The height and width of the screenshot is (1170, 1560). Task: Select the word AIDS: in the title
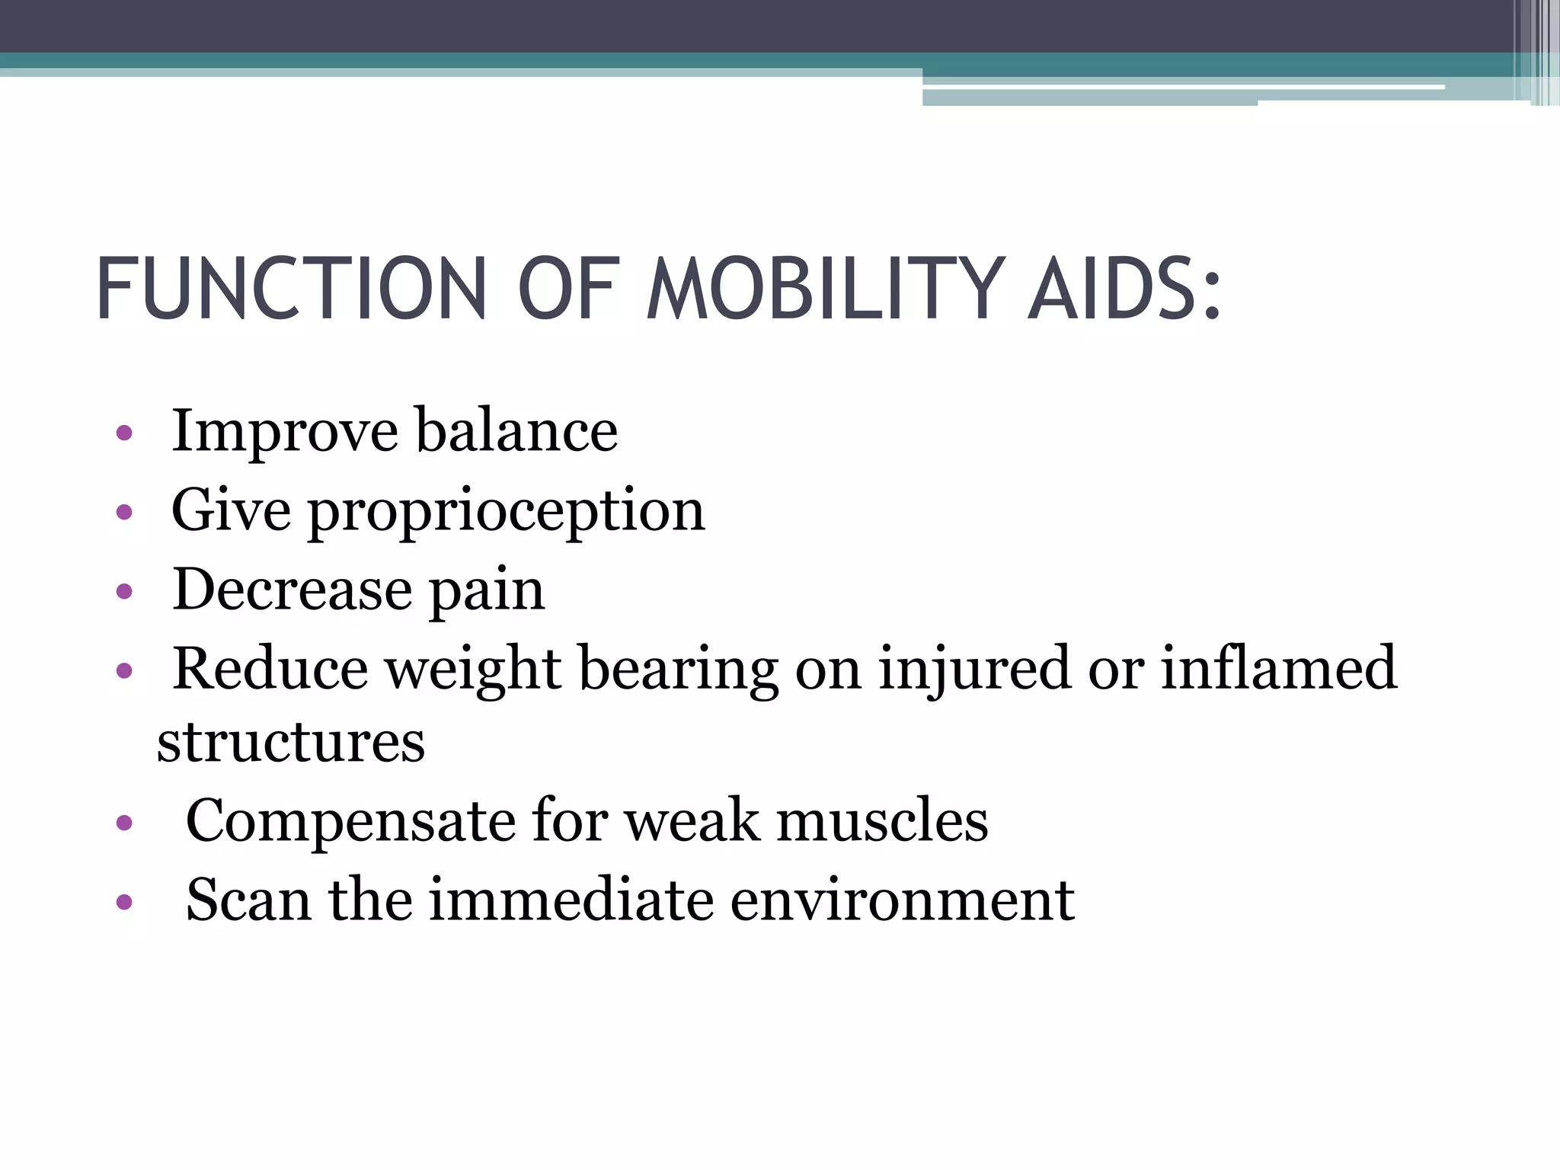[1124, 289]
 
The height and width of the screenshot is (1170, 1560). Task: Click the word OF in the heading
[565, 289]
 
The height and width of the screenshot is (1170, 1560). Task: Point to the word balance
[516, 431]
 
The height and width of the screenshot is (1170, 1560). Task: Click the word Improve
[284, 433]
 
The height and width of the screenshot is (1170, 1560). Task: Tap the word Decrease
[292, 590]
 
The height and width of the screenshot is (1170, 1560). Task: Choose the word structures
[290, 742]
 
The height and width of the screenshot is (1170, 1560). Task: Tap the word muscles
[881, 821]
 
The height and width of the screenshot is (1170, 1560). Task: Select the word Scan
[248, 900]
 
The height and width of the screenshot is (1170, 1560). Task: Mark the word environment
[902, 900]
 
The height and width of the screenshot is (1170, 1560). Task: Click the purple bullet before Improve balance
[124, 435]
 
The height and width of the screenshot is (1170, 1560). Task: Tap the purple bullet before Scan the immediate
[124, 903]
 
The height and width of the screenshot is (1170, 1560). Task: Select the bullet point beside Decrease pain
[124, 592]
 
